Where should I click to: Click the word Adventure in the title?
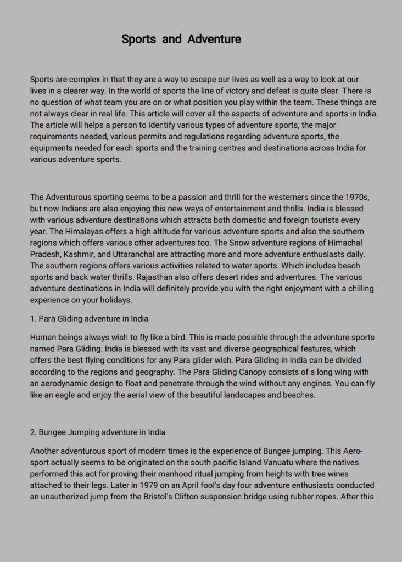214,40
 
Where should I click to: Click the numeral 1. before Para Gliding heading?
33,318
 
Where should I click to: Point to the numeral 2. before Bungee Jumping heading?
33,432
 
